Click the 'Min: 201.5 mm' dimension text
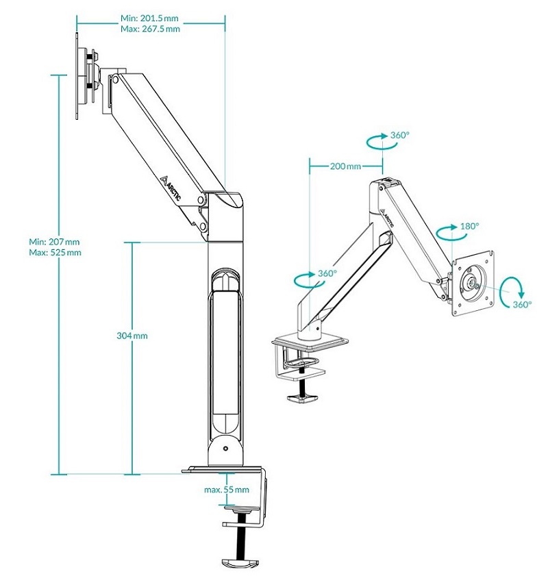pos(149,18)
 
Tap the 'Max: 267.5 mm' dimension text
pos(150,29)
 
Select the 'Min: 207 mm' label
pos(54,242)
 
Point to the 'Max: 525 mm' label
pos(55,252)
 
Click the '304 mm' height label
pos(132,336)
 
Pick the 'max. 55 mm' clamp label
pos(227,490)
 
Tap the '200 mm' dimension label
pos(345,166)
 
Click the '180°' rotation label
pos(470,226)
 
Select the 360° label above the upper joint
pos(399,135)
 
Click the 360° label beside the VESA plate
pos(522,304)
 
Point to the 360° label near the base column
pos(327,273)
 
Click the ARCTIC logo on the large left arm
pos(171,188)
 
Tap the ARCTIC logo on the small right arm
pos(387,218)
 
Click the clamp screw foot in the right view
pos(302,399)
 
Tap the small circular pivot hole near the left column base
pos(225,449)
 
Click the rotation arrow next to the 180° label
pos(447,233)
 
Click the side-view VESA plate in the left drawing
pos(77,76)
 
